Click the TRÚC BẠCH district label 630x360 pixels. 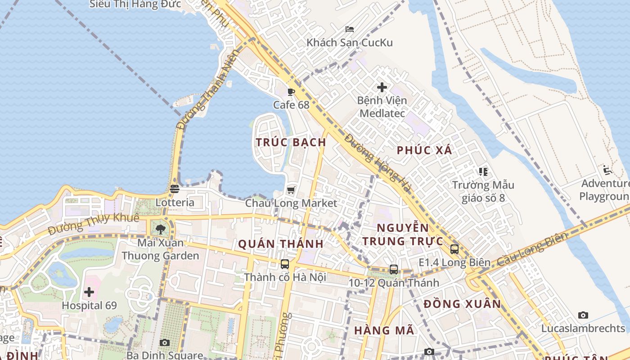point(291,142)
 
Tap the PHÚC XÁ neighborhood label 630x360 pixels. point(424,150)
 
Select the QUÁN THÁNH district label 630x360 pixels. point(281,244)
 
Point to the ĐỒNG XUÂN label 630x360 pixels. point(462,304)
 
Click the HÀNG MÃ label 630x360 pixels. point(384,330)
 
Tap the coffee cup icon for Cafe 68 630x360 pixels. point(291,92)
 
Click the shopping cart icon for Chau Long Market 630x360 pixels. point(291,190)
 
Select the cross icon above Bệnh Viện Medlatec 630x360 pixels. point(382,87)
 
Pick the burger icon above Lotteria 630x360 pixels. point(175,189)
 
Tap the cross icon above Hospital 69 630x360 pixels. point(89,292)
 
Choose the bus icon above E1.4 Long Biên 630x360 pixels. point(454,249)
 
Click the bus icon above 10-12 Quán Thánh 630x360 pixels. point(394,270)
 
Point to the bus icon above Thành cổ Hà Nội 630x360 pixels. point(285,264)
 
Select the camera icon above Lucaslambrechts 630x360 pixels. point(583,315)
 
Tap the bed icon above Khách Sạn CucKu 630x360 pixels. point(350,29)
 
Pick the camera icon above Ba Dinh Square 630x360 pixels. point(165,342)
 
